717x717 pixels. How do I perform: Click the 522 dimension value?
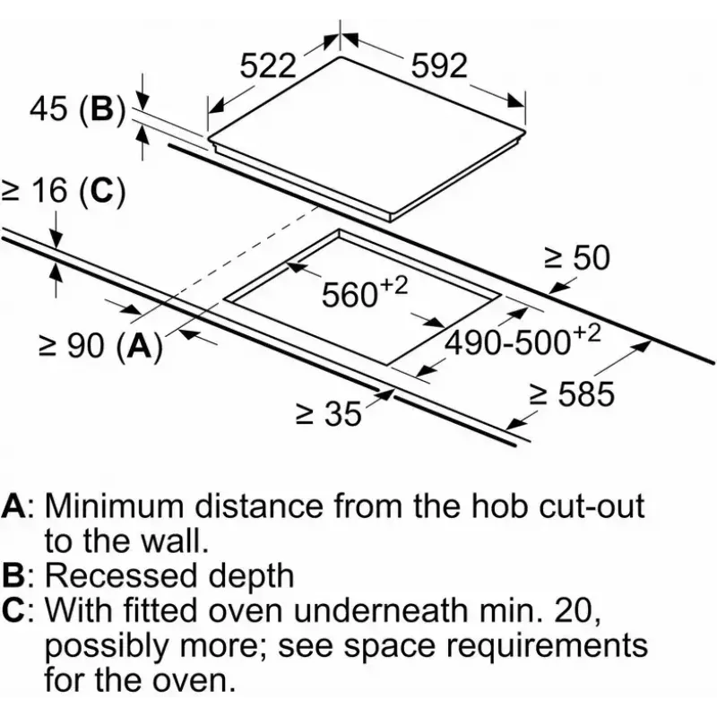click(268, 65)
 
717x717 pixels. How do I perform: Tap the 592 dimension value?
click(439, 65)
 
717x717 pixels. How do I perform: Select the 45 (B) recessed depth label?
click(77, 109)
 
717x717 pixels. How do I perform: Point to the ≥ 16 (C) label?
click(63, 190)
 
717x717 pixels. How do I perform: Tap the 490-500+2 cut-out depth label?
click(523, 341)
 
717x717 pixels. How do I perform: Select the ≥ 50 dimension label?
click(577, 257)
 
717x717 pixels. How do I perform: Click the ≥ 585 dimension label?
click(572, 393)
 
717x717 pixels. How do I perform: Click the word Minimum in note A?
click(115, 505)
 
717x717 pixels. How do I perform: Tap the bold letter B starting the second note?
click(13, 575)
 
